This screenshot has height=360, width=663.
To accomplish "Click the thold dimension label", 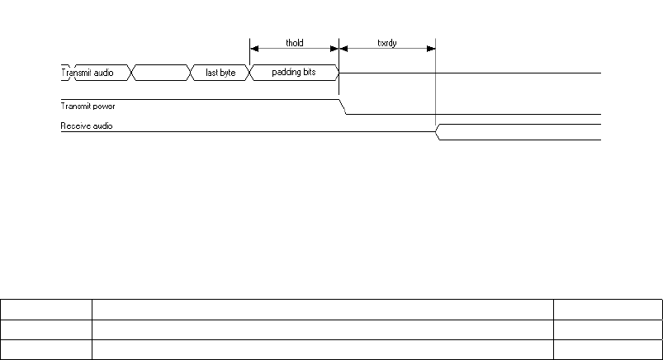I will [x=294, y=42].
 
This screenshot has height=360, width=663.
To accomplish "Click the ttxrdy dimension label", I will [x=387, y=42].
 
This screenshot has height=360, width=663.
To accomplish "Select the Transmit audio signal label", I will [x=87, y=73].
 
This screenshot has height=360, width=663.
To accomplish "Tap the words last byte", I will [x=220, y=73].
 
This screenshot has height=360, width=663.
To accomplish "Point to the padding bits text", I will [x=293, y=73].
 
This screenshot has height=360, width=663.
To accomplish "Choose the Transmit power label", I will [x=88, y=106].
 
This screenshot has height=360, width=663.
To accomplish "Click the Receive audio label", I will [x=87, y=126].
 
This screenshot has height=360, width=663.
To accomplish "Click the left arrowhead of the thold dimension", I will [x=253, y=49].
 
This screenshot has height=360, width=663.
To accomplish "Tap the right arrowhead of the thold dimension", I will [x=334, y=49].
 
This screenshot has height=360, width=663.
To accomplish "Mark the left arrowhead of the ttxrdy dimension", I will [x=343, y=49].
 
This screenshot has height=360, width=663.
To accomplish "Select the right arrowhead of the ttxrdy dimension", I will [x=431, y=49].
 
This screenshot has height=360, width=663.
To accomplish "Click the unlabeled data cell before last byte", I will [x=160, y=73].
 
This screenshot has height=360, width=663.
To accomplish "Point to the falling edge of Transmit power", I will [x=343, y=107].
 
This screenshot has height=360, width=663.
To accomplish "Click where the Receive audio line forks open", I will [x=438, y=132].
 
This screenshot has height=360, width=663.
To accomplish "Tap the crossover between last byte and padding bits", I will [x=249, y=73].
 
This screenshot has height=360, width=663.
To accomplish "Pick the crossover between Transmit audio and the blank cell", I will [x=130, y=73].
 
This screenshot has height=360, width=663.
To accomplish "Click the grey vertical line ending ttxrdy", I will [x=435, y=91].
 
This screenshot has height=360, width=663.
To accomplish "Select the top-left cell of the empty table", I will [x=46, y=310].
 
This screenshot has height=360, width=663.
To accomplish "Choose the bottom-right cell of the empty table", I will [x=608, y=349].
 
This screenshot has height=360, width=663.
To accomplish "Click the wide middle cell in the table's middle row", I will [x=322, y=329].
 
